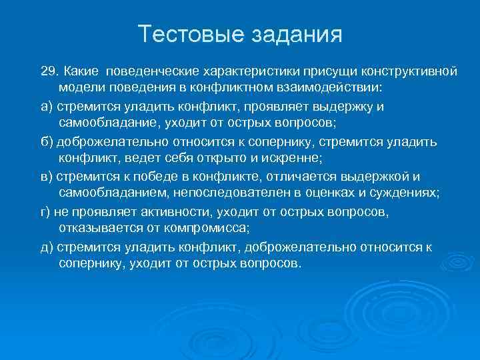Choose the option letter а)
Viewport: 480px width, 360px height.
[47, 106]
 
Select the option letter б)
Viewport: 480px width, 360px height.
[47, 141]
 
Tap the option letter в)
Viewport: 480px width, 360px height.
[47, 177]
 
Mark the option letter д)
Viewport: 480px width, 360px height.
[47, 247]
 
